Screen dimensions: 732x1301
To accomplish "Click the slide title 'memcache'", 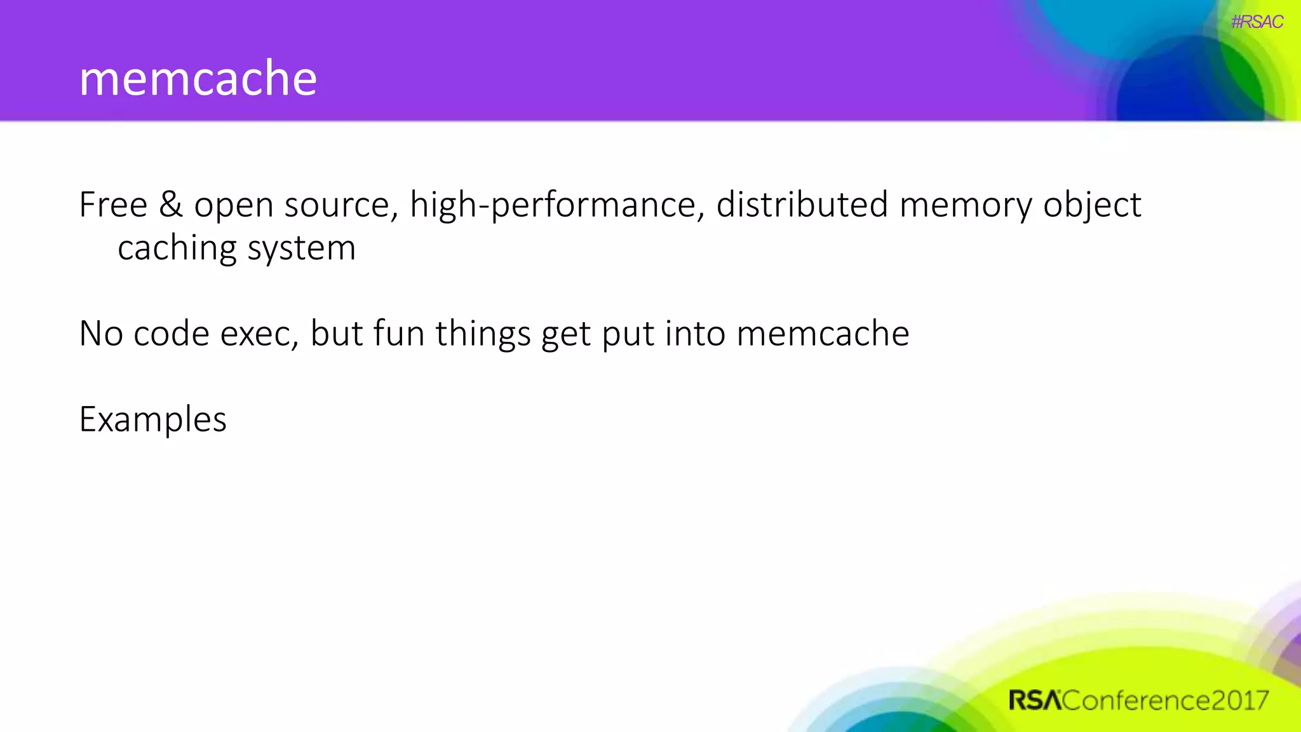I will tap(198, 78).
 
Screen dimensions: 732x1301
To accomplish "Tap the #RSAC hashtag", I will tap(1257, 22).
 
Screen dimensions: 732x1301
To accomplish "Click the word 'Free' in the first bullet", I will tap(113, 205).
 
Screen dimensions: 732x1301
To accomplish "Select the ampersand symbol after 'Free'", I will tap(170, 205).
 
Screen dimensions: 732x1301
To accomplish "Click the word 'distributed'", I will tap(802, 205).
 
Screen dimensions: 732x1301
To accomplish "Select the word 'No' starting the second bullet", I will tap(100, 334).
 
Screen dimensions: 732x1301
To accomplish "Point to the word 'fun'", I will tap(398, 334).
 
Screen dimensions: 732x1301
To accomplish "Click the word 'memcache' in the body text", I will tap(823, 334).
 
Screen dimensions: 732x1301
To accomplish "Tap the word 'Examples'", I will tap(152, 420).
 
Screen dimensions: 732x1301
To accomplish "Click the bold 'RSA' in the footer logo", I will tap(1035, 700).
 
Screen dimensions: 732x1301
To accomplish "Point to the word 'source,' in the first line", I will tap(341, 206).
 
